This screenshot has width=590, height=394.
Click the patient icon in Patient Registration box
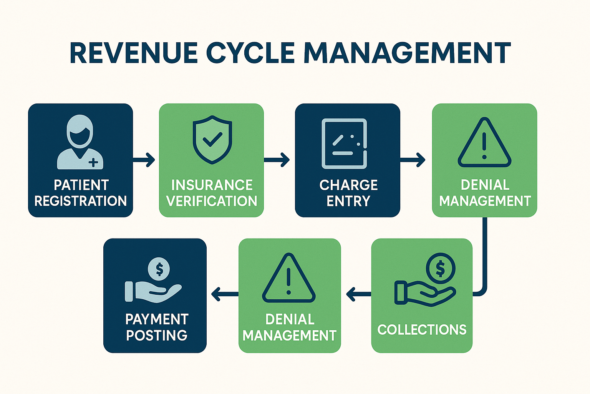tap(80, 142)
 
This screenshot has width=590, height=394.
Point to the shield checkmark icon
tap(212, 140)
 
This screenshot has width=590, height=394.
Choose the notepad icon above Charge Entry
tap(344, 144)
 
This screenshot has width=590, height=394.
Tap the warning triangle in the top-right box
tap(484, 143)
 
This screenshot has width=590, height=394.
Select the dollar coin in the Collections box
tap(441, 268)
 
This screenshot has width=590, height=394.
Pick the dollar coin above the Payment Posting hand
tap(159, 269)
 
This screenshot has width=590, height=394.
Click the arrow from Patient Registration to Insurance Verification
tap(144, 159)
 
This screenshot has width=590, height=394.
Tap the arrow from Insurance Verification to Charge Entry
tap(277, 159)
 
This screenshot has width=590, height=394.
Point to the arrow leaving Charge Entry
tap(413, 159)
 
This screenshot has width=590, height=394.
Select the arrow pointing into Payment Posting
tap(224, 294)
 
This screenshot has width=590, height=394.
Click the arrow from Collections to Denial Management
tap(358, 295)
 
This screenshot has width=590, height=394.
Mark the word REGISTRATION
tap(81, 201)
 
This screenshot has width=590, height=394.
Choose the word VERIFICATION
tap(212, 201)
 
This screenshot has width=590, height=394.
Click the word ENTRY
tap(348, 201)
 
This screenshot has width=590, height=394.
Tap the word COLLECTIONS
tap(422, 330)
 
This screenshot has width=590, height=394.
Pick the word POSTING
tap(157, 335)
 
